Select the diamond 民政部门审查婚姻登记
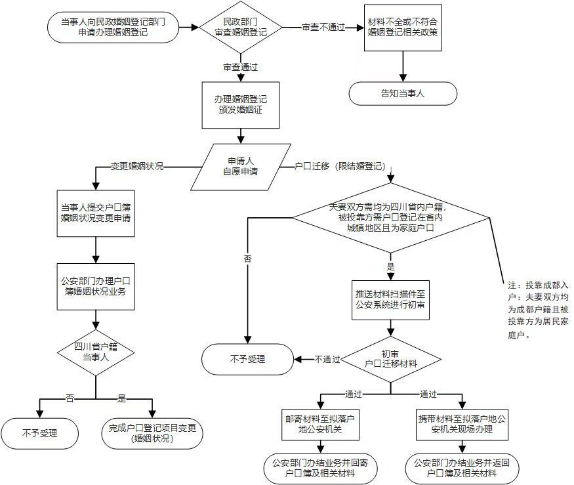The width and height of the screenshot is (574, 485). (241, 28)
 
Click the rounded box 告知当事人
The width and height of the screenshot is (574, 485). (402, 93)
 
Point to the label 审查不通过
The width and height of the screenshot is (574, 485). (323, 28)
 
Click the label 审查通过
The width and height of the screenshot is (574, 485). (241, 67)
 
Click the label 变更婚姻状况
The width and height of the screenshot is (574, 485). (137, 166)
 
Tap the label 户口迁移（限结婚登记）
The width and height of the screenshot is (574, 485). (338, 166)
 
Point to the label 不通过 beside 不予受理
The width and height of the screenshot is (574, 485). (327, 359)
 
